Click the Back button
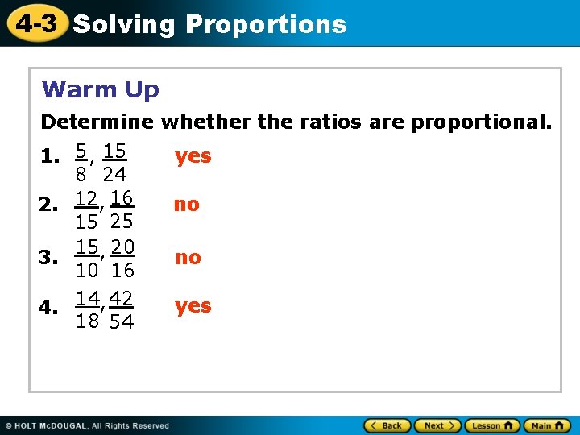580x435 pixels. [x=386, y=425]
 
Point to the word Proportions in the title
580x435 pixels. [x=266, y=24]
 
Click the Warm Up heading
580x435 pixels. [x=101, y=89]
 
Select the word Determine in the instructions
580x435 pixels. [x=97, y=122]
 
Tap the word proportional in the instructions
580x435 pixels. [x=482, y=122]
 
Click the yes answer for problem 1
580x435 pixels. [x=193, y=155]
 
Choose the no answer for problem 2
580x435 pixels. [x=186, y=205]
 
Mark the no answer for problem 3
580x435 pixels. [x=188, y=257]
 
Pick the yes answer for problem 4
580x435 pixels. [x=193, y=306]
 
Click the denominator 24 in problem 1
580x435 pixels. [x=115, y=174]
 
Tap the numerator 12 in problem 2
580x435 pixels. [x=86, y=197]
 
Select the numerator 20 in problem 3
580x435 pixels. [x=122, y=246]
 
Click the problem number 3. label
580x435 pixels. [x=50, y=258]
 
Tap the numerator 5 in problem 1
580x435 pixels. [x=81, y=151]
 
